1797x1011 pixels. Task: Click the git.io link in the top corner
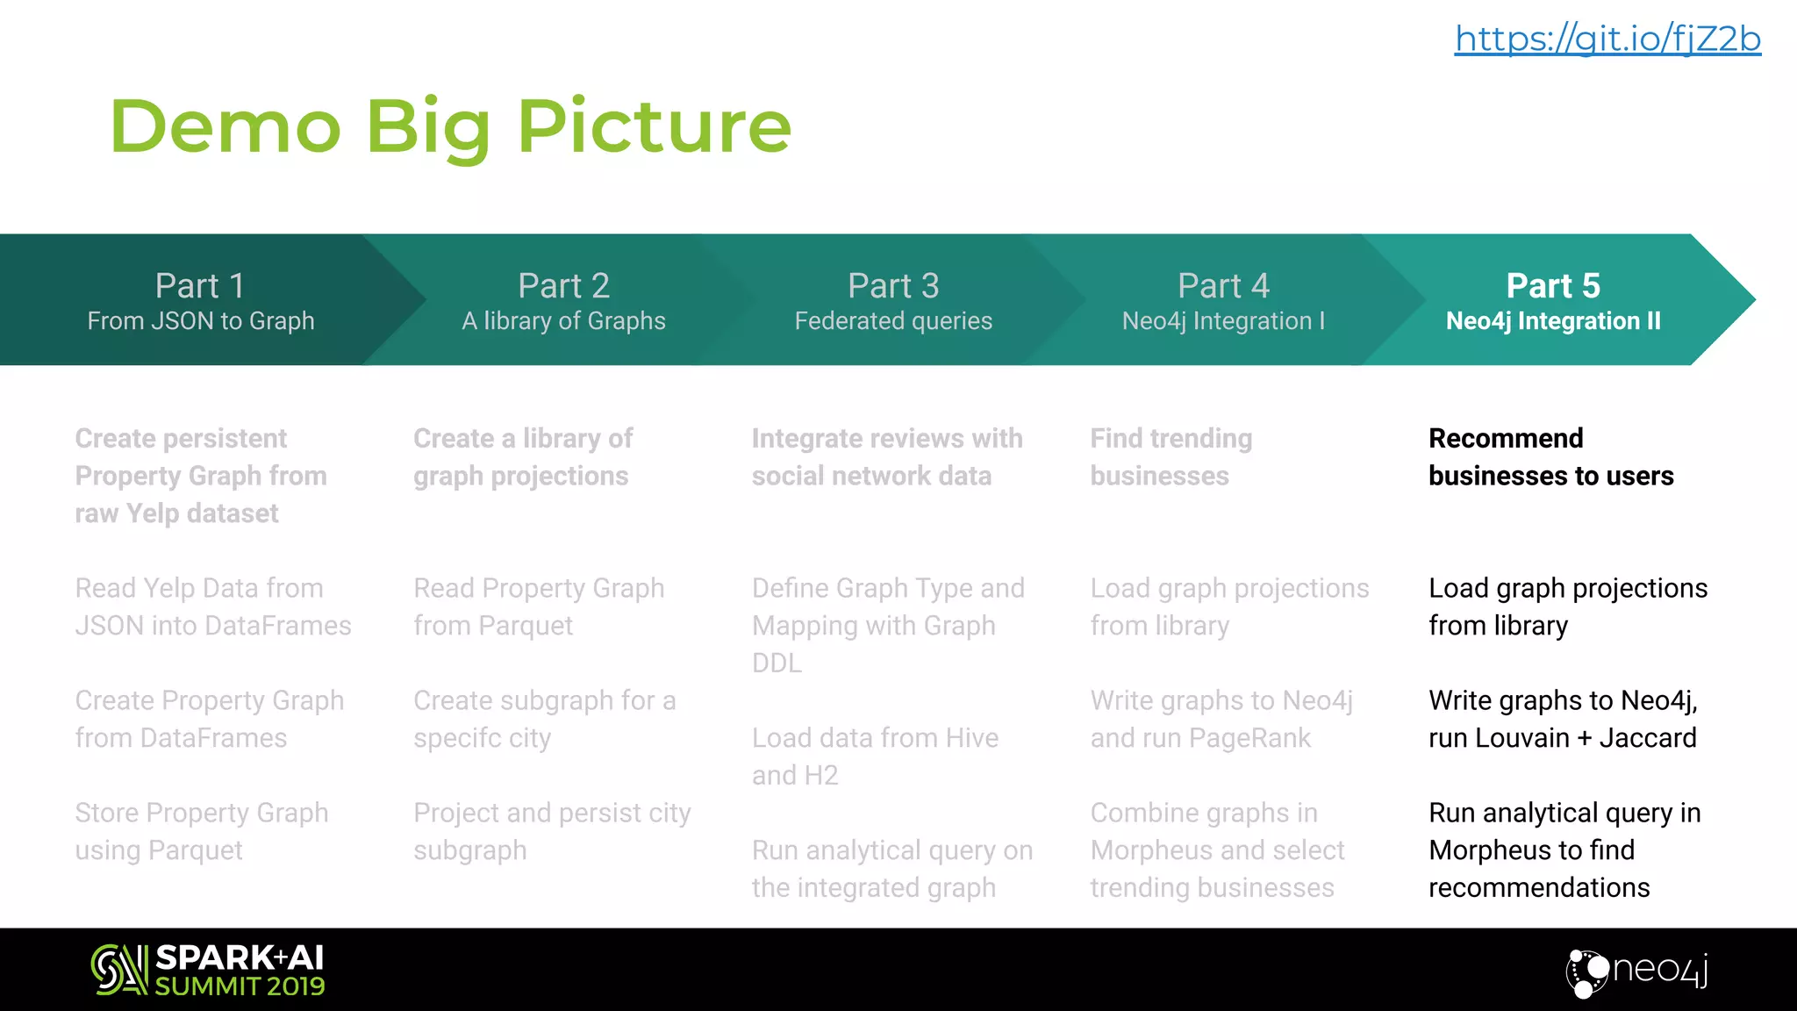1607,39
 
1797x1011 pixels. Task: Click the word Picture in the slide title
655,126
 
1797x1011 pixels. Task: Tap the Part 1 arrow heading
200,286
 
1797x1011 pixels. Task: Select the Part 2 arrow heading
563,286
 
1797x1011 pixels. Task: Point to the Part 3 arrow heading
893,286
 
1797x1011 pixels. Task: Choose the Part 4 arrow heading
1223,286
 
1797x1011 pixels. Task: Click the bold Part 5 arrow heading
1553,286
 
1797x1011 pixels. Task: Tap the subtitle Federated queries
893,321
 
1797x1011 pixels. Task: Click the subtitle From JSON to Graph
201,321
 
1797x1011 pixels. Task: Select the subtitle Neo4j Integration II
1553,321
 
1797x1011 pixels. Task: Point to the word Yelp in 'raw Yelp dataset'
153,513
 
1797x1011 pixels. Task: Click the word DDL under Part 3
777,663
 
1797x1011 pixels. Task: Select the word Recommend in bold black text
1506,438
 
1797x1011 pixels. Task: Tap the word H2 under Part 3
820,776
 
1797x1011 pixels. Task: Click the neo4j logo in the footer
1637,971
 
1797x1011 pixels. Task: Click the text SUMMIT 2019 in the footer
240,986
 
